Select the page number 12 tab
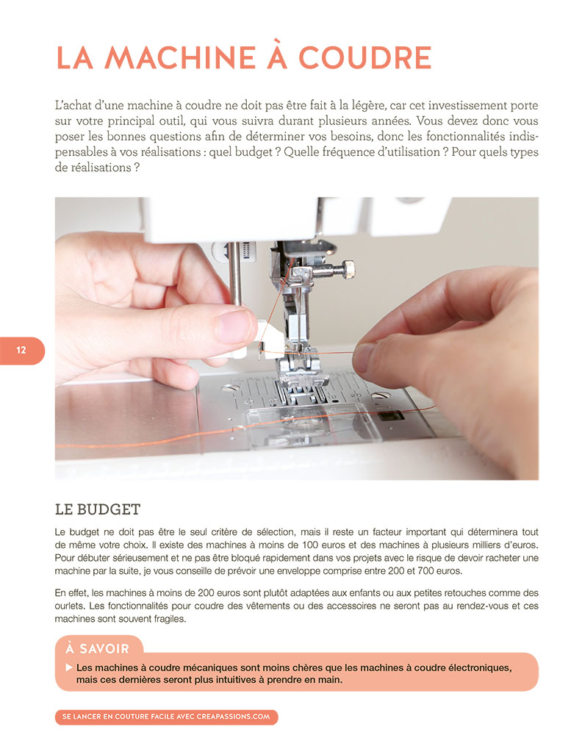pos(21,351)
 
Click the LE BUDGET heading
pos(97,509)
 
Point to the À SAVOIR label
pos(97,648)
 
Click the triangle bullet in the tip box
pos(68,667)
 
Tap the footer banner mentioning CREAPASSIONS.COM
pos(166,717)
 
